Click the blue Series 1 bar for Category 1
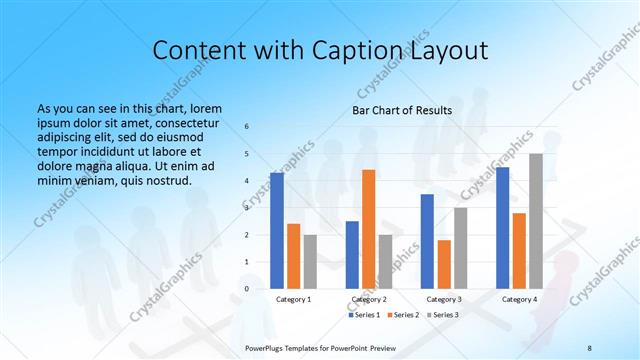[277, 231]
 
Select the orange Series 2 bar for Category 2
[368, 229]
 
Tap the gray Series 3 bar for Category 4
[536, 221]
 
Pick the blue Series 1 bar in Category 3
[427, 241]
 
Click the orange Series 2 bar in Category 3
[444, 264]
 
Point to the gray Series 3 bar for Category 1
[310, 262]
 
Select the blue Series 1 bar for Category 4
[502, 228]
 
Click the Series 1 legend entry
[364, 315]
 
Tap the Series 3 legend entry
[444, 315]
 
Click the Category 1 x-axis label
[294, 299]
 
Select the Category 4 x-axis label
[519, 299]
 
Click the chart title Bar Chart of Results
[402, 110]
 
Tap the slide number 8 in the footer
[589, 347]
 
